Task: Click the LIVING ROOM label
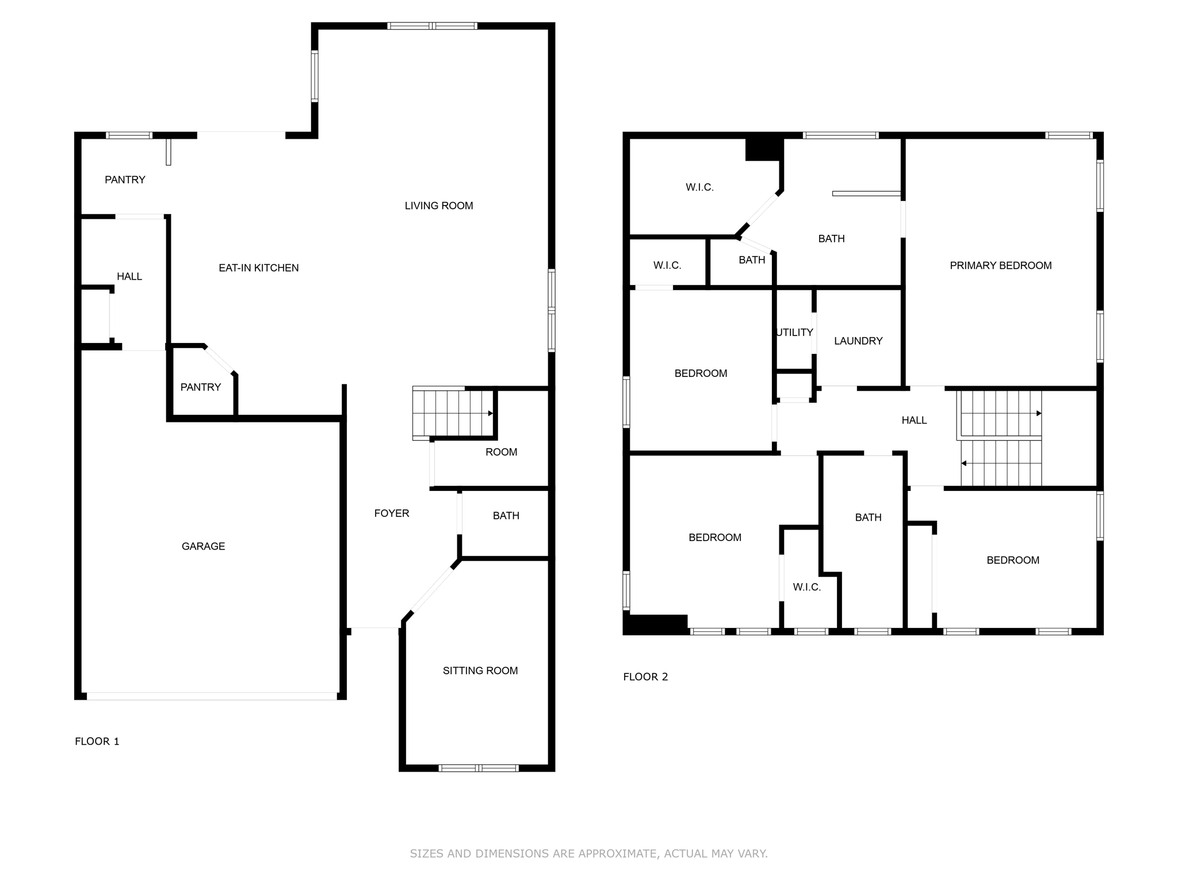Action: (x=438, y=205)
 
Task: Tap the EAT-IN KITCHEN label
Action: (x=258, y=268)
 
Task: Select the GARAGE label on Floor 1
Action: (x=203, y=546)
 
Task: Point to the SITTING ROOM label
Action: (x=480, y=670)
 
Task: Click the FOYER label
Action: (x=391, y=513)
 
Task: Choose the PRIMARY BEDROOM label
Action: (x=1000, y=265)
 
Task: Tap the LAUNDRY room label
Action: (x=858, y=341)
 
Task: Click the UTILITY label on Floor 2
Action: (x=794, y=332)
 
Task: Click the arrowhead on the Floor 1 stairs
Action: (x=491, y=413)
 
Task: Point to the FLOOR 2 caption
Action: (x=645, y=677)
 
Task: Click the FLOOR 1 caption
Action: (x=97, y=741)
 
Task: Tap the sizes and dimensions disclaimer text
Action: (x=588, y=853)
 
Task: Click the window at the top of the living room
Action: (x=432, y=26)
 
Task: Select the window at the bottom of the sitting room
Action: (x=478, y=768)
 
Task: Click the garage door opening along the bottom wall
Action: (x=211, y=696)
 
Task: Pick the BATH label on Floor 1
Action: (x=506, y=516)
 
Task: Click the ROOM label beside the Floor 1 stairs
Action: (x=501, y=452)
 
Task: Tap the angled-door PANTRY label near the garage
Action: (x=200, y=387)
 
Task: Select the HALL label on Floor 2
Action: (x=913, y=420)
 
